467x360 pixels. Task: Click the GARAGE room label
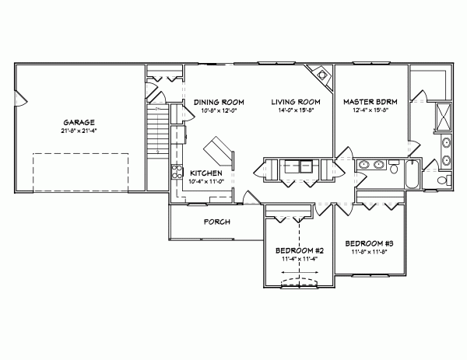click(79, 122)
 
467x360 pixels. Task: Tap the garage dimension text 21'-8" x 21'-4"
click(79, 130)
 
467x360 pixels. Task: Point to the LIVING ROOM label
click(297, 102)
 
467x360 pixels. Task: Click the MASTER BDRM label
click(370, 102)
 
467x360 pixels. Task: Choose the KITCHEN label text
click(206, 173)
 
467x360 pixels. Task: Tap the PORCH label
click(216, 222)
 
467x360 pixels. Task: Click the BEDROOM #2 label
click(299, 250)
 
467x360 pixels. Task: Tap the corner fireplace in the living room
click(318, 73)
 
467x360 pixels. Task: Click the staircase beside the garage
click(158, 128)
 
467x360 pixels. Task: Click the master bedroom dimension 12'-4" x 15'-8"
click(370, 110)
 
